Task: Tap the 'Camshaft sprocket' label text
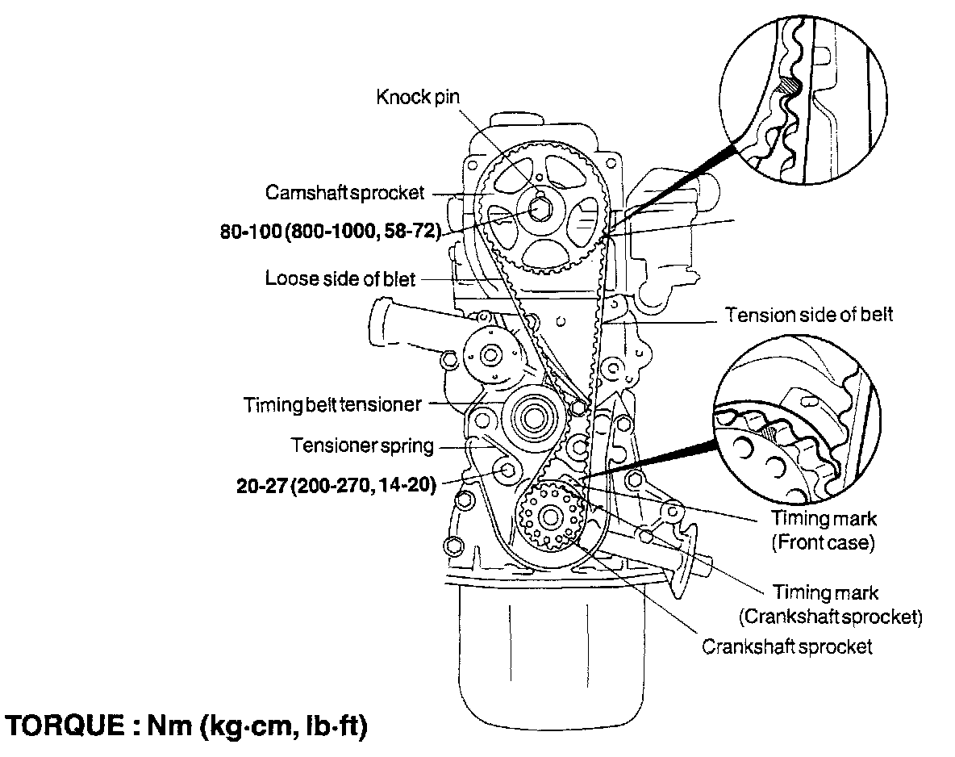344,194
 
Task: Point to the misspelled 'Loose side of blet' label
340,279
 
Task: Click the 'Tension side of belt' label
809,315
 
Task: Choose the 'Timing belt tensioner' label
332,404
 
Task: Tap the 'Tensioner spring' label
362,445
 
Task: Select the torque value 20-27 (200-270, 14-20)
336,486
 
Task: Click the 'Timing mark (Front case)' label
824,530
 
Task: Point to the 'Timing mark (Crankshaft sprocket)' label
830,605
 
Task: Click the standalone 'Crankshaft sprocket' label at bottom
787,646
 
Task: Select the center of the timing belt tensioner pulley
533,419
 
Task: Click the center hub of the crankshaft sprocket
551,515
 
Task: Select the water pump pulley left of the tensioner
489,353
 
